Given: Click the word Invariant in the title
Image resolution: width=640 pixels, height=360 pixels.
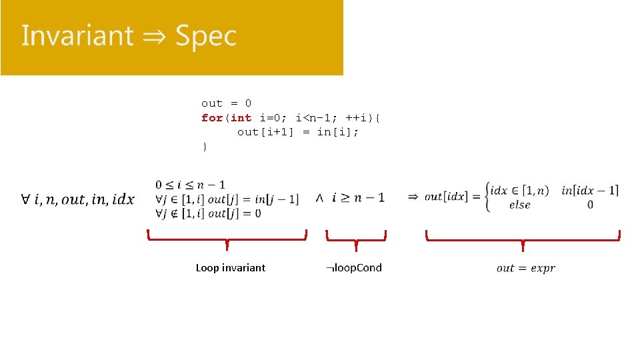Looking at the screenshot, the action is pos(77,36).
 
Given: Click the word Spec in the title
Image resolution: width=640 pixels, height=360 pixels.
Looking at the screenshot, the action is pos(206,36).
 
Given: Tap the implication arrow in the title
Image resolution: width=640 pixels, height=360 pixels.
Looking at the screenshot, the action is pos(153,36).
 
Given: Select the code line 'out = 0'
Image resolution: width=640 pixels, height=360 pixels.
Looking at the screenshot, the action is pos(227,103).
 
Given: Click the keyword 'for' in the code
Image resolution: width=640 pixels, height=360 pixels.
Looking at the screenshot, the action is pos(212,118).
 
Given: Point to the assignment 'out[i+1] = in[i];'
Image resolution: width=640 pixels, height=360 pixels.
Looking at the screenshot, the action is pos(298,132).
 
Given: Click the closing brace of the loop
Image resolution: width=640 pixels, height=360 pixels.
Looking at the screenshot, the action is pos(205,147).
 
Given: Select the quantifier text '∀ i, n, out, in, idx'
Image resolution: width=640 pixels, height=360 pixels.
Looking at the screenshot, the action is pos(77,199).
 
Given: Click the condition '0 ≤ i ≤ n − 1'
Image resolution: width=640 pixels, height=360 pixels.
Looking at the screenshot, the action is pos(190,185).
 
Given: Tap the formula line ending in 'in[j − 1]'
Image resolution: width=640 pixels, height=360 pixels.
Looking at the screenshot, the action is pos(227,199).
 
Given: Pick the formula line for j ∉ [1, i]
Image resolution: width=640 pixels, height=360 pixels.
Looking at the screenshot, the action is pos(208,213).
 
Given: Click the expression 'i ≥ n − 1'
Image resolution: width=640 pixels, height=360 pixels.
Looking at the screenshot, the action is pos(359,197).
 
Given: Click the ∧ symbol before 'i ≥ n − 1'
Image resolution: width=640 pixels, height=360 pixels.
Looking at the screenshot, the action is pos(319,198).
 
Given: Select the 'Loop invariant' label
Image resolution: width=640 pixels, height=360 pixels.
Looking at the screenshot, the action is pos(230,268).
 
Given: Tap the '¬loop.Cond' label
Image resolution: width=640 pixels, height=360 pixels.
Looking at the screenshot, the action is pos(354,268).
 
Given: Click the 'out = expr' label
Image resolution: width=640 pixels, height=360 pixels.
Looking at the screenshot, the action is pos(525,268).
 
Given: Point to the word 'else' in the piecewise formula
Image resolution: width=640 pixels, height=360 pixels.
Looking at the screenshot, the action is pos(519,205).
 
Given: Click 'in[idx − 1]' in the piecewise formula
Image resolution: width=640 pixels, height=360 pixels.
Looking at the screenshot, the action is pos(590,191).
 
